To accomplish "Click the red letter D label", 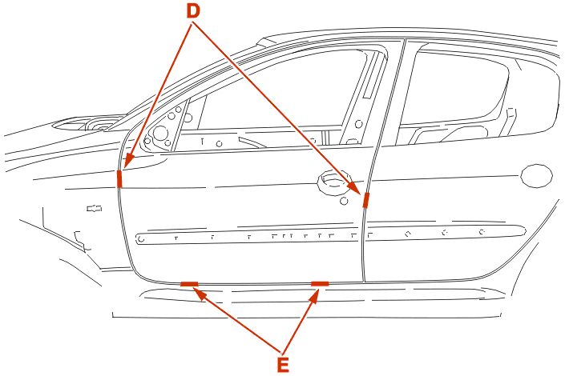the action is click(x=193, y=10).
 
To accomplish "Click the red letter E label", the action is click(x=283, y=365).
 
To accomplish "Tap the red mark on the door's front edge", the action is click(x=119, y=179).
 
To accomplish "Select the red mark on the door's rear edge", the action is click(x=365, y=200).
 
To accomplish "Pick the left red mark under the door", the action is click(x=189, y=284).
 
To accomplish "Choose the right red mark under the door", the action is click(x=320, y=284).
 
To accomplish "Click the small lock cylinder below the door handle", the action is click(x=344, y=201).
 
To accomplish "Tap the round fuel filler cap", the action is click(x=536, y=175).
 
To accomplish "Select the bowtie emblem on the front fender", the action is click(x=95, y=208).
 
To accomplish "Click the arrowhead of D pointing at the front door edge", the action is click(x=128, y=161).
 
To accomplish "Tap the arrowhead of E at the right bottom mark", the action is click(x=315, y=295).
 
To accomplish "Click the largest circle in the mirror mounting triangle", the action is click(x=160, y=133).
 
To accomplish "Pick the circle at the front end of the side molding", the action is click(x=141, y=238).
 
